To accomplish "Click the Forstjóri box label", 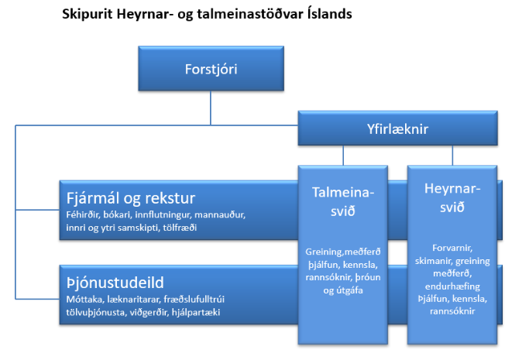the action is point(211,69).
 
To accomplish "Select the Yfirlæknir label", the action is point(397,129).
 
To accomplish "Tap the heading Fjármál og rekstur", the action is point(131,198).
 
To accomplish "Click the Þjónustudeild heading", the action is point(115,283).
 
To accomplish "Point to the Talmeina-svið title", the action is point(343,201).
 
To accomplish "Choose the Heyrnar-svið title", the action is point(452,197).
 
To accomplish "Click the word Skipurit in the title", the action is point(87,15).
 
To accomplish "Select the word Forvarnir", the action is point(452,248).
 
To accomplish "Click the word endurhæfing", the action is point(452,286).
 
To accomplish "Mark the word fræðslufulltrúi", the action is point(194,300).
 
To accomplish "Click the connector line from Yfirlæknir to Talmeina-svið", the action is point(343,156).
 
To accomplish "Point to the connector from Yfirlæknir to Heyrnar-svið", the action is point(452,156).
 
